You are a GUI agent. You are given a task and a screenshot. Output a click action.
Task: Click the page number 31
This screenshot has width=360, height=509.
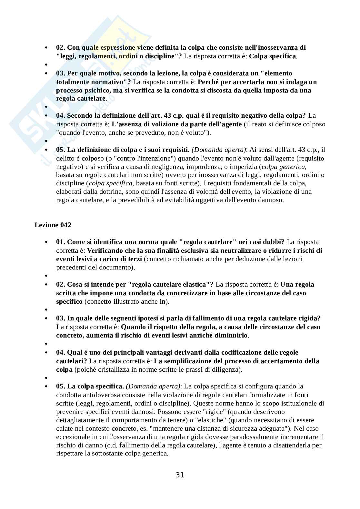pyautogui.click(x=180, y=475)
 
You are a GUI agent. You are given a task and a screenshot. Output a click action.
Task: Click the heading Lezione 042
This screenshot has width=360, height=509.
pyautogui.click(x=53, y=225)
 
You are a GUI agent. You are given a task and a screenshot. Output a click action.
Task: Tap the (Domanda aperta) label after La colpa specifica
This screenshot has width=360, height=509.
pyautogui.click(x=153, y=386)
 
